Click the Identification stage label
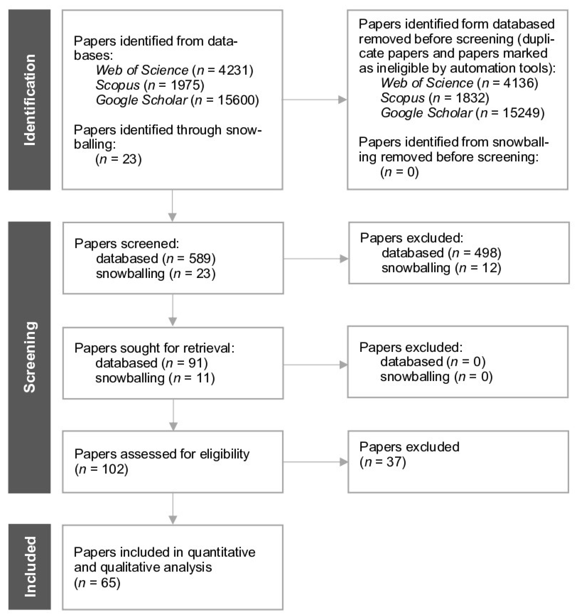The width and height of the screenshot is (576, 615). point(30,100)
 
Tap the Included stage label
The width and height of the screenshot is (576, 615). point(30,566)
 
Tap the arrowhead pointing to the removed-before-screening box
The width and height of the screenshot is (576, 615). point(343,100)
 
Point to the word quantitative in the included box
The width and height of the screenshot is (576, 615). point(222,552)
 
